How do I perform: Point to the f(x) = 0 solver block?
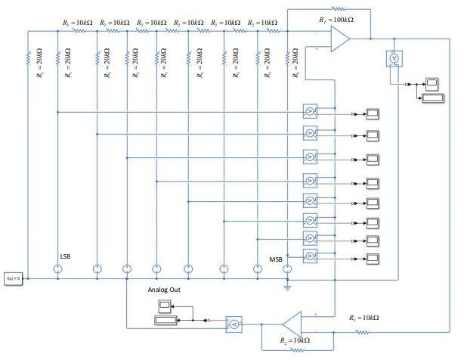pyautogui.click(x=14, y=278)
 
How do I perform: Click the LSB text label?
pyautogui.click(x=67, y=255)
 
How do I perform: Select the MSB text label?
pyautogui.click(x=276, y=259)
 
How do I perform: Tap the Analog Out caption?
pyautogui.click(x=164, y=290)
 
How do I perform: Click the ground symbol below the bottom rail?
pyautogui.click(x=287, y=287)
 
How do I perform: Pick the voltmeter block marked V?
pyautogui.click(x=393, y=58)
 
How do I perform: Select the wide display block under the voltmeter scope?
pyautogui.click(x=433, y=98)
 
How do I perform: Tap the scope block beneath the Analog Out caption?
pyautogui.click(x=165, y=306)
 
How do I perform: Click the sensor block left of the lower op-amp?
pyautogui.click(x=234, y=324)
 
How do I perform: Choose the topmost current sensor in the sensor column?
pyautogui.click(x=309, y=111)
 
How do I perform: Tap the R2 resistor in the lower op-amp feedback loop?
pyautogui.click(x=294, y=350)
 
